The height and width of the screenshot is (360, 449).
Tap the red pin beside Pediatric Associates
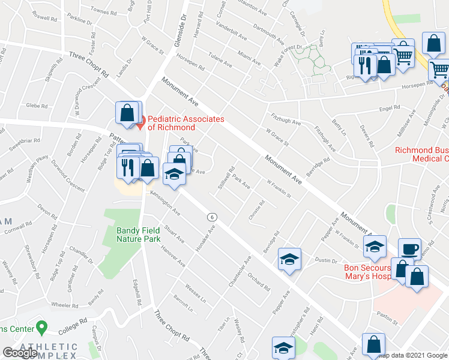140,125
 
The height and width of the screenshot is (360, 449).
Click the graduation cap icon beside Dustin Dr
289,259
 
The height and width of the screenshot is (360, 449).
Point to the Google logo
20,352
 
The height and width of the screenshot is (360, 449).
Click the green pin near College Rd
41,328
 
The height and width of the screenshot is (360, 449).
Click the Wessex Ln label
195,293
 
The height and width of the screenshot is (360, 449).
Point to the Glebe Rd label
37,106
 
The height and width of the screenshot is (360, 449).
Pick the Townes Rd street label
103,11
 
